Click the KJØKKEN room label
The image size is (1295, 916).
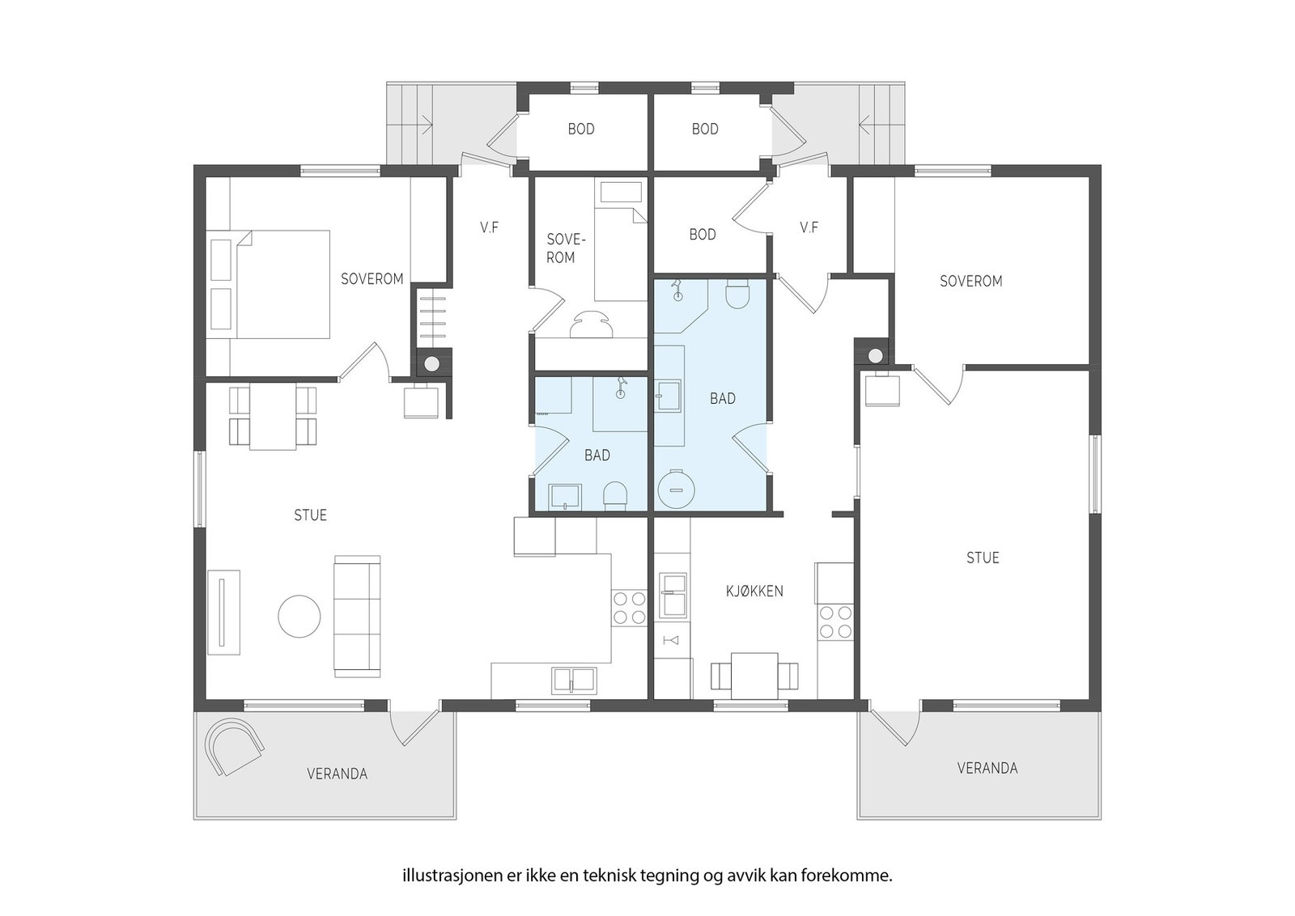pos(754,592)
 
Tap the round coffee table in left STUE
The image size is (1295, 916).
pos(299,616)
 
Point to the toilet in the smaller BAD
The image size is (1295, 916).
pos(615,497)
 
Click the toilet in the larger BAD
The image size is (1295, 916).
pos(737,294)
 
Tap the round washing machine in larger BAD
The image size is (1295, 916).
pos(675,489)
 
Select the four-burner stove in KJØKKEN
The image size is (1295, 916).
pos(835,621)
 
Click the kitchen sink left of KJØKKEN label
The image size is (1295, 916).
pos(673,596)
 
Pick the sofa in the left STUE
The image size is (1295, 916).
pos(357,616)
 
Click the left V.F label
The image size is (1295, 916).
pos(489,227)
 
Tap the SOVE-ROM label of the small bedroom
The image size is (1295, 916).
pos(566,248)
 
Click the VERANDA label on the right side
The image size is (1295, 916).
pos(987,768)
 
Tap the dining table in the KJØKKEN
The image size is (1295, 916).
pos(754,676)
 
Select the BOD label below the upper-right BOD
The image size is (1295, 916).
pos(703,235)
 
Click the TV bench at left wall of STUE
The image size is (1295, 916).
pos(223,613)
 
